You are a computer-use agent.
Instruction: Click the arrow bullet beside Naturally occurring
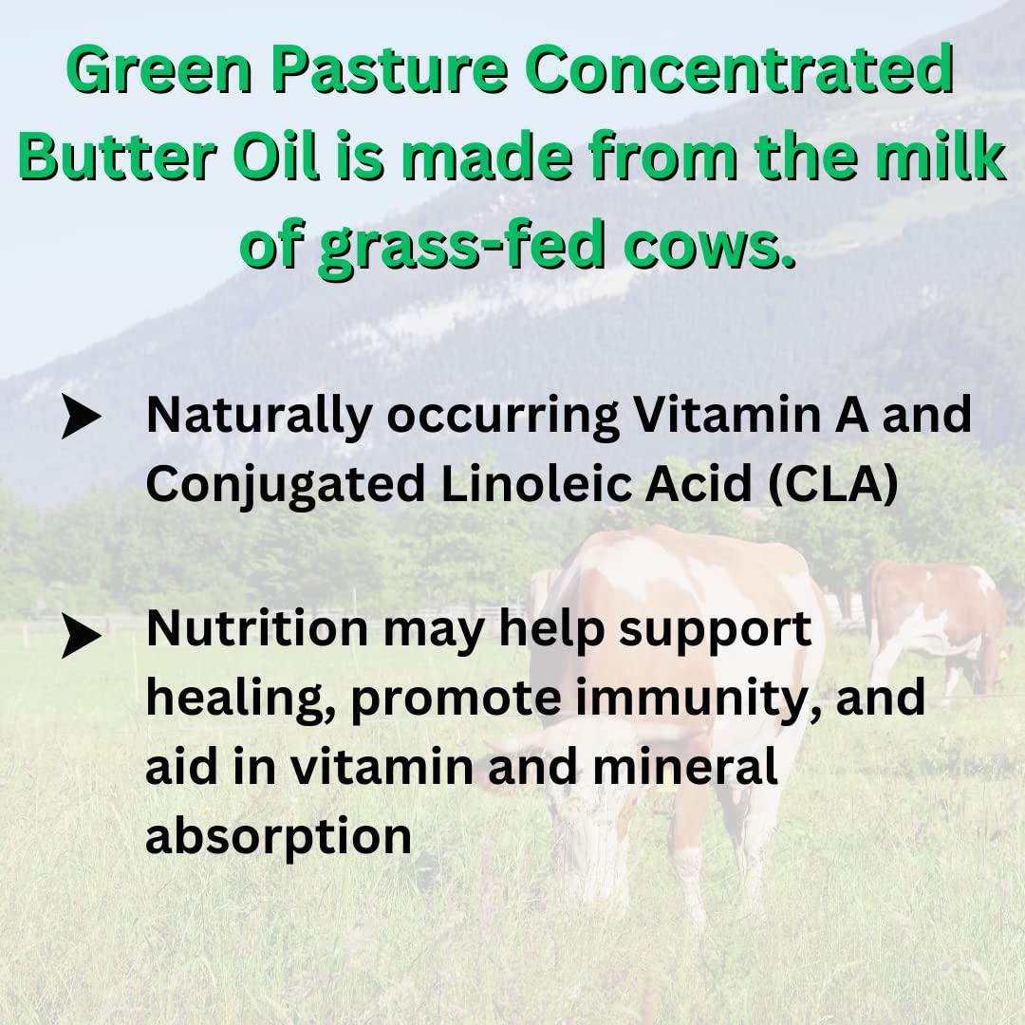[x=82, y=419]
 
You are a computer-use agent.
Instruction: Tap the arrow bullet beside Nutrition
[x=82, y=637]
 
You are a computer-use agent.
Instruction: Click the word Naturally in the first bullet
[x=256, y=419]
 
